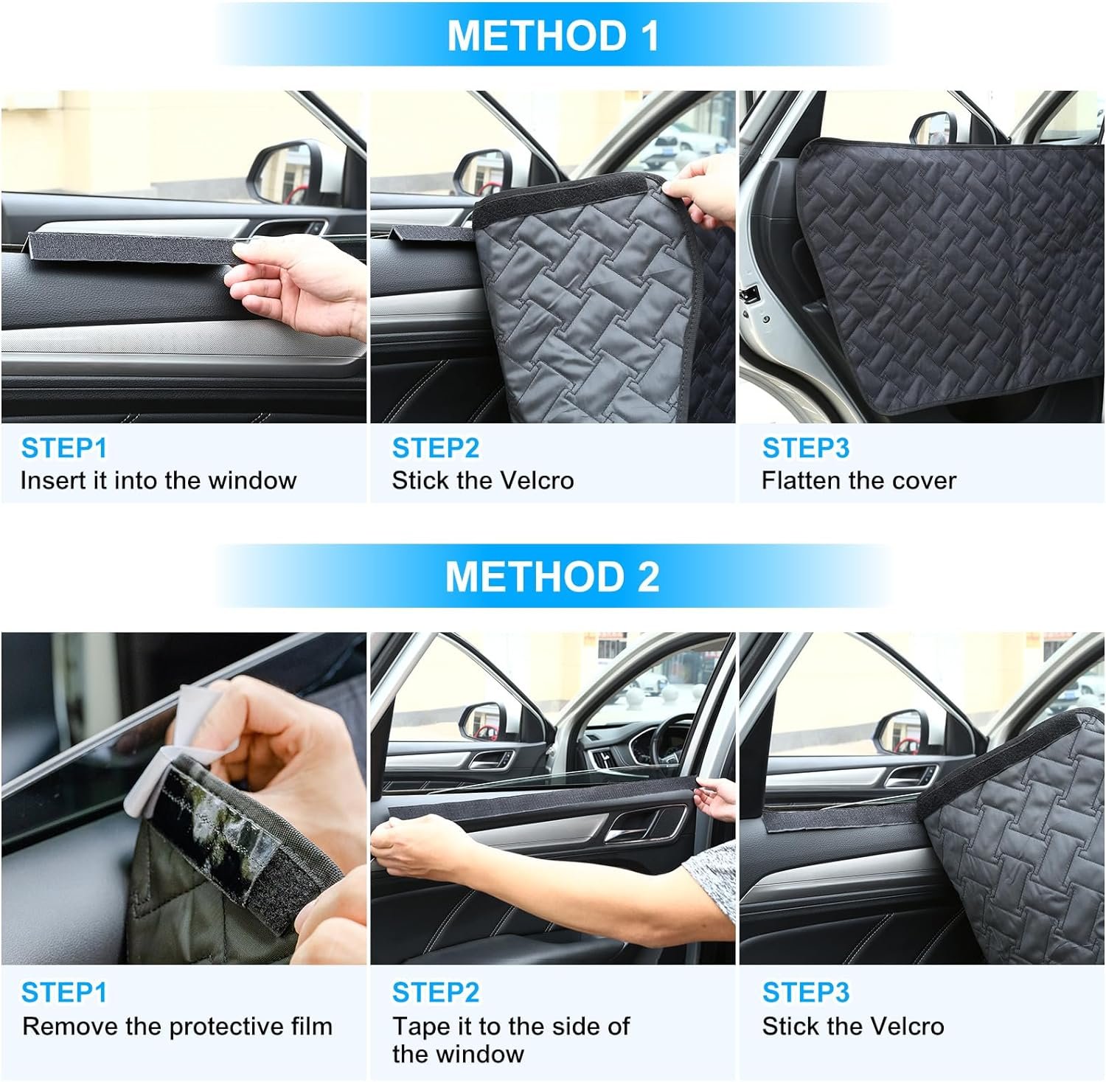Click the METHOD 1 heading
[x=552, y=35]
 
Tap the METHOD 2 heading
[x=552, y=576]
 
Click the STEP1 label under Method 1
[x=64, y=448]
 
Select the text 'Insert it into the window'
[x=159, y=480]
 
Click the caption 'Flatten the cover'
[x=859, y=480]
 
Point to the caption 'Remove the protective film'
[x=177, y=1026]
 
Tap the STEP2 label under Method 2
[x=436, y=992]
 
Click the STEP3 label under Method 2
[x=806, y=992]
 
